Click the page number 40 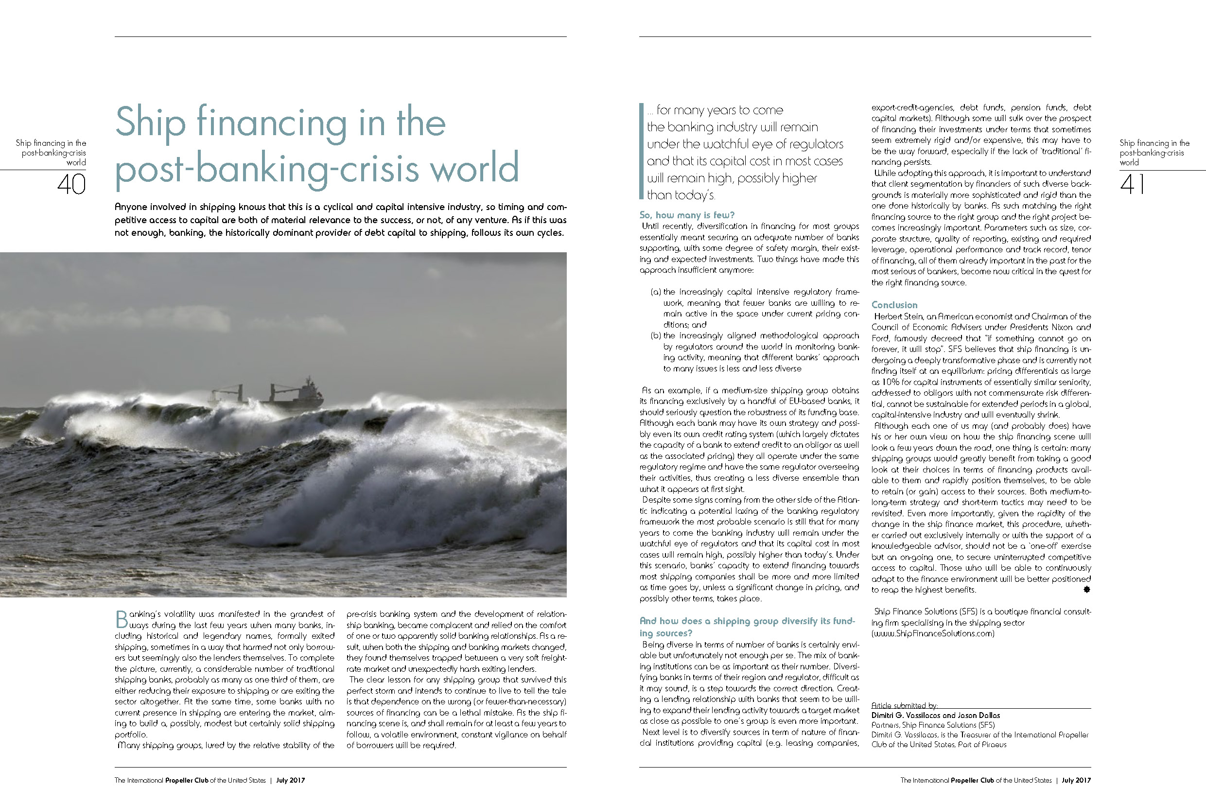click(71, 185)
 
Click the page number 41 click(1132, 185)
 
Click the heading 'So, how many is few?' click(686, 215)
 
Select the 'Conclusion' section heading click(894, 305)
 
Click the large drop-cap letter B click(121, 619)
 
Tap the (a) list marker click(655, 292)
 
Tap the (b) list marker click(655, 336)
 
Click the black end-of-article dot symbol click(1086, 590)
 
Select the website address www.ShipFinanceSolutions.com click(933, 633)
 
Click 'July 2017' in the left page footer click(290, 780)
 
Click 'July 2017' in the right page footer click(1076, 780)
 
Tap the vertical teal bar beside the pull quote click(641, 151)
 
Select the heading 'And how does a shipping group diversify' click(747, 621)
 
